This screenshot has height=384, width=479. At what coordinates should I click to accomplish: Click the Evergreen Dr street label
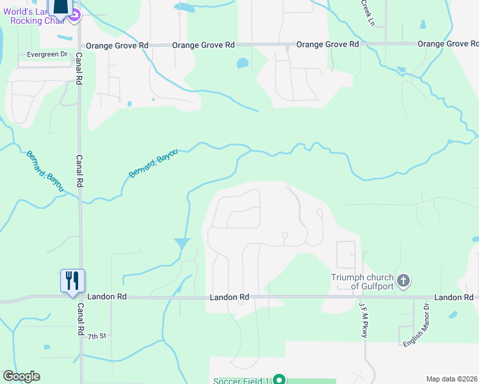point(47,54)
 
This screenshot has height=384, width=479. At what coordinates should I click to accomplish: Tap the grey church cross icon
point(403,280)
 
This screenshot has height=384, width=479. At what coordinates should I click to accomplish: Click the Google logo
point(21,376)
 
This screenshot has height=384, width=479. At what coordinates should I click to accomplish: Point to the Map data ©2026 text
point(452,379)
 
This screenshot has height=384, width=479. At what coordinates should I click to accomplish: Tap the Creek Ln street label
point(368,12)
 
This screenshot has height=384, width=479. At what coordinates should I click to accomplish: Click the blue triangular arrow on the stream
point(183,244)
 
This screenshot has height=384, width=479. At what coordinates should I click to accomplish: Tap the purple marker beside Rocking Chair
point(74,16)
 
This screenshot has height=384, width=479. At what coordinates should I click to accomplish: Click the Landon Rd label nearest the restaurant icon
point(108,297)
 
